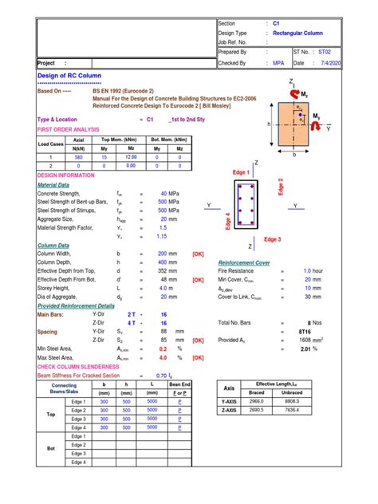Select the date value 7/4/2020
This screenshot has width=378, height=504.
click(x=354, y=62)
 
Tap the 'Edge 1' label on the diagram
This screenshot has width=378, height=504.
click(x=242, y=173)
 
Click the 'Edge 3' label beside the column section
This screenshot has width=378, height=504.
click(x=273, y=239)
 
